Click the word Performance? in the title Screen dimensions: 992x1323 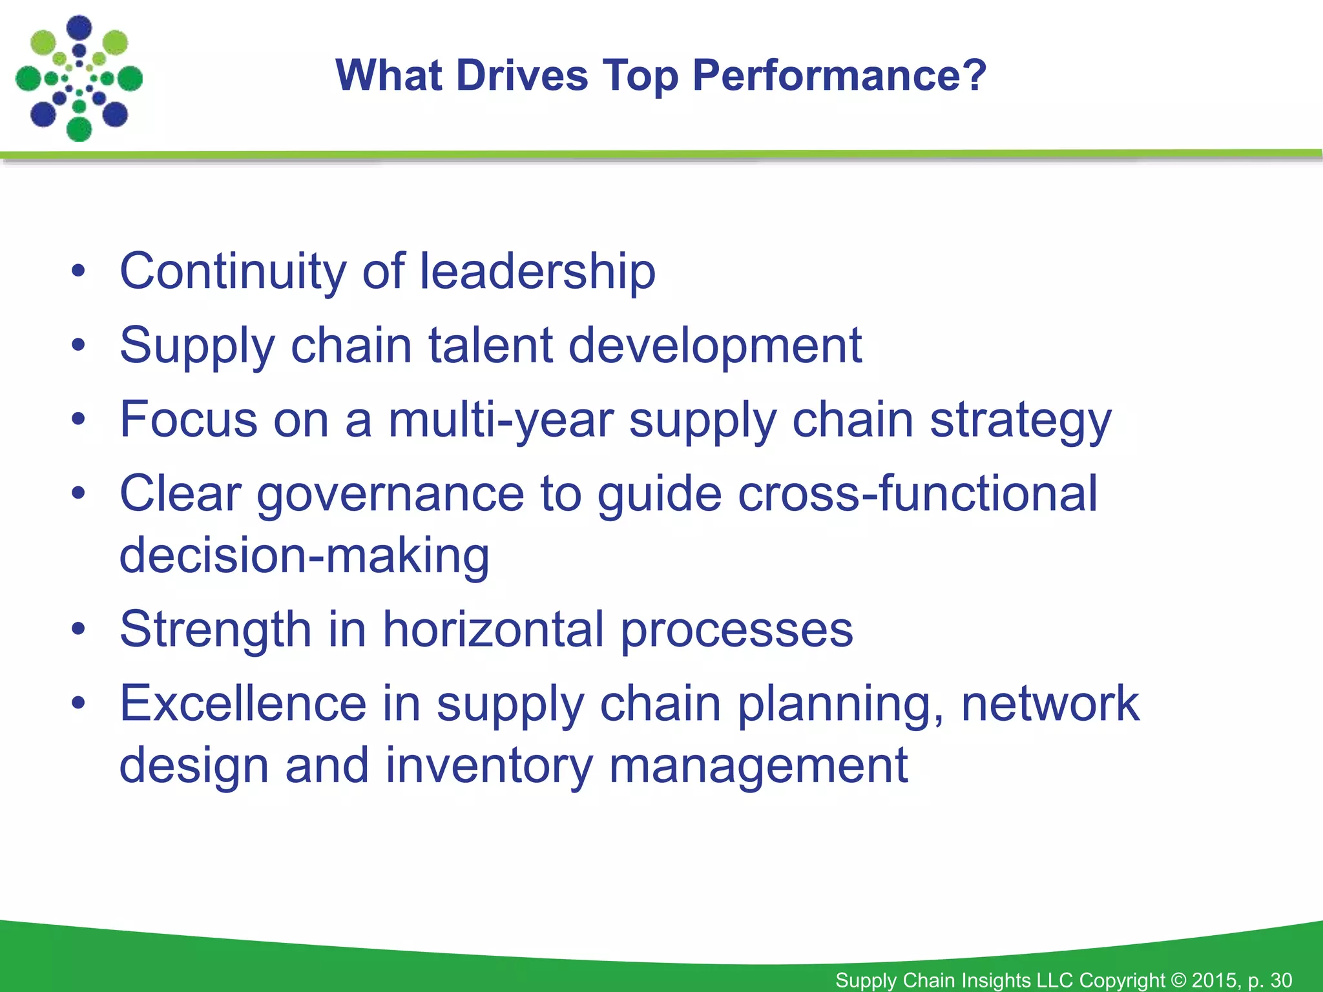click(x=839, y=76)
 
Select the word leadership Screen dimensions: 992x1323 click(x=537, y=271)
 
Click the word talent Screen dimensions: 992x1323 click(x=491, y=346)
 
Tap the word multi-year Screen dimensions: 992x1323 click(x=500, y=420)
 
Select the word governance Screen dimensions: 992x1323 click(x=390, y=495)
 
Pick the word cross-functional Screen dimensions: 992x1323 click(x=917, y=493)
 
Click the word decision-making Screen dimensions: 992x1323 click(x=304, y=556)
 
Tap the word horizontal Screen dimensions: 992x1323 click(x=494, y=629)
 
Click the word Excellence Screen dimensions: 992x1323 click(x=243, y=703)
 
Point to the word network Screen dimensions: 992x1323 click(x=1050, y=703)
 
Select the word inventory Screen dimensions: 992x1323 click(x=489, y=766)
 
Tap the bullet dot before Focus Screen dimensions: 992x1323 click(x=78, y=419)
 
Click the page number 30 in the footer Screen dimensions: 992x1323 click(x=1281, y=980)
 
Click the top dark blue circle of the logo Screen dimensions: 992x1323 click(x=79, y=28)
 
